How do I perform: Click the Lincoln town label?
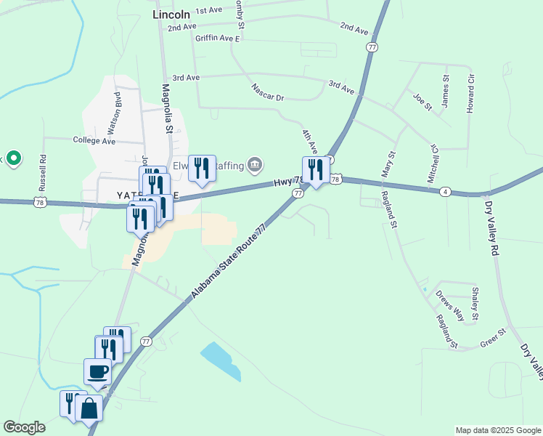coord(171,14)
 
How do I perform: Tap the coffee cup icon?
coord(98,372)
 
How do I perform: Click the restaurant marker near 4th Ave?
coord(316,170)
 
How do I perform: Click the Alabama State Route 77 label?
coord(229,262)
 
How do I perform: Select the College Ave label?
coord(94,140)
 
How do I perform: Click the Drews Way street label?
coord(450,306)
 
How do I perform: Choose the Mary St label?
coord(390,164)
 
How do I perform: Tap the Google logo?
coord(24,427)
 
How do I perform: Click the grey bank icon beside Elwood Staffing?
coord(254,166)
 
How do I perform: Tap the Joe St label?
coord(422,101)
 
